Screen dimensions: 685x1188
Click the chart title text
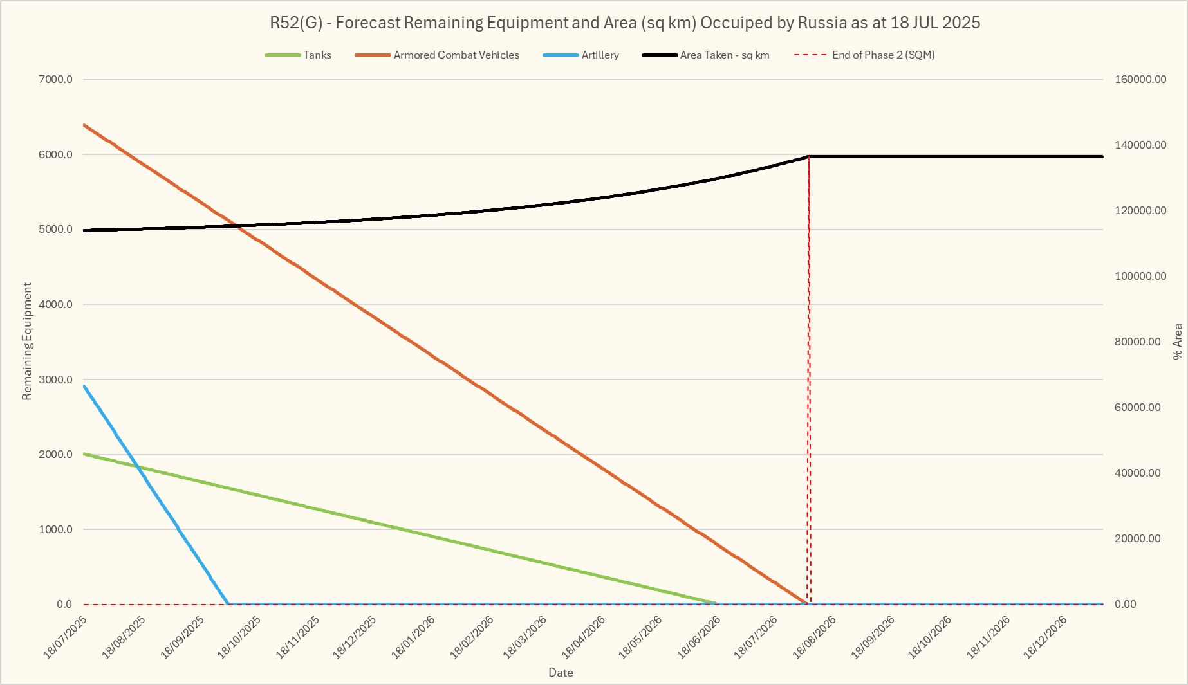[625, 23]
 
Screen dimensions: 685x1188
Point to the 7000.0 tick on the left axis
[56, 80]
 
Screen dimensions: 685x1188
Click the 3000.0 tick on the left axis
[56, 379]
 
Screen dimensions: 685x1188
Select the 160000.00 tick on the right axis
[1140, 80]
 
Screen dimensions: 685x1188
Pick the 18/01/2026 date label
[414, 637]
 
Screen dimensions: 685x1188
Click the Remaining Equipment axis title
[27, 341]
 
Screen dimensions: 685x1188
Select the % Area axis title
[1178, 342]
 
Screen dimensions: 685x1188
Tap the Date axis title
[561, 673]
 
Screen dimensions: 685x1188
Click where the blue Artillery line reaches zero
[228, 603]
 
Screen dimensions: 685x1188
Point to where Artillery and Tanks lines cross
[137, 466]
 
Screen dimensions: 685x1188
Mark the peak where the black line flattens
[808, 156]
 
